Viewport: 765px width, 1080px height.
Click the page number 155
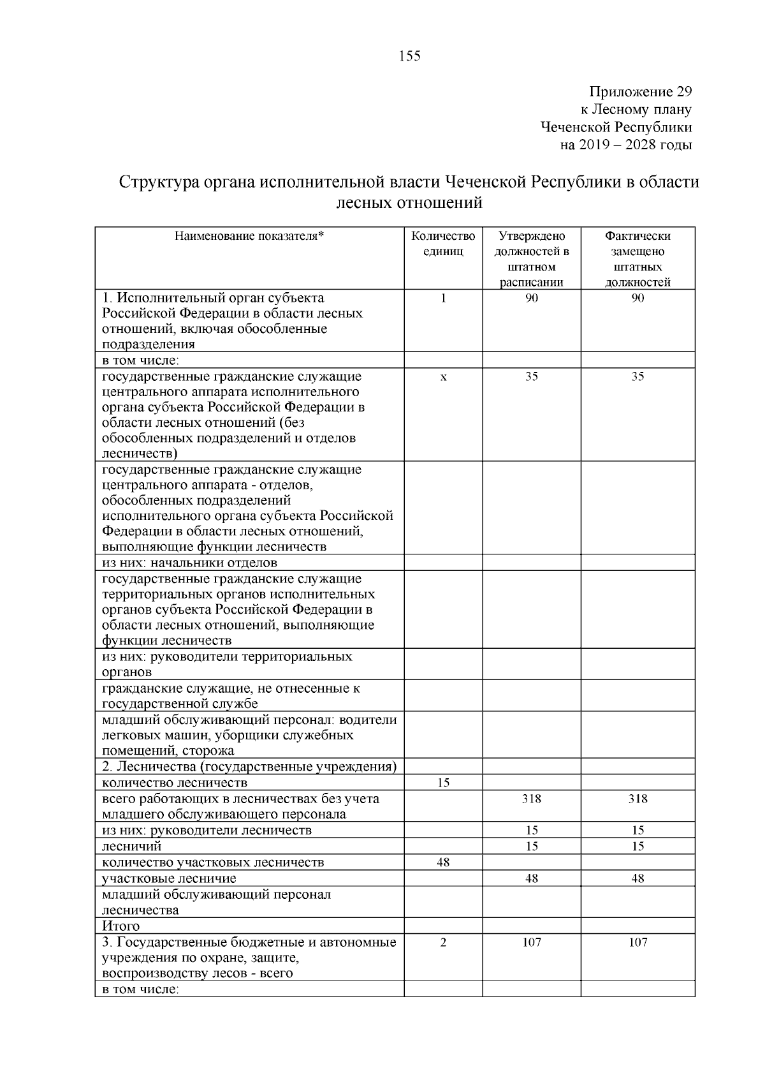pyautogui.click(x=409, y=56)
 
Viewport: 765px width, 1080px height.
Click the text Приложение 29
pyautogui.click(x=640, y=92)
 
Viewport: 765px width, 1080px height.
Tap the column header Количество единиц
pyautogui.click(x=443, y=244)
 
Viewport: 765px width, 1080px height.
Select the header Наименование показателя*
pyautogui.click(x=249, y=236)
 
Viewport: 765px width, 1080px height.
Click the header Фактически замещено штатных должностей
pyautogui.click(x=637, y=259)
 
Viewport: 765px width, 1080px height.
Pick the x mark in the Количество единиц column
pyautogui.click(x=443, y=377)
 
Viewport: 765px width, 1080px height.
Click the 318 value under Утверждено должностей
pyautogui.click(x=531, y=799)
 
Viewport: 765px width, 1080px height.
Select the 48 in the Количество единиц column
pyautogui.click(x=443, y=862)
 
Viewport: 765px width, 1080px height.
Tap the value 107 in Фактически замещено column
pyautogui.click(x=637, y=942)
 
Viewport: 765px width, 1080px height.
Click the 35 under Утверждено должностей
pyautogui.click(x=531, y=376)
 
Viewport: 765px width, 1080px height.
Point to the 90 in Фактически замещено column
pyautogui.click(x=637, y=298)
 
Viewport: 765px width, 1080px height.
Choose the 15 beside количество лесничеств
pyautogui.click(x=443, y=783)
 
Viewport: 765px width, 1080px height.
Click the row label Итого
pyautogui.click(x=121, y=926)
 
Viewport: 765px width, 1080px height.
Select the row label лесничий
pyautogui.click(x=132, y=847)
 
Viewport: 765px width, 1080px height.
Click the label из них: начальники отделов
pyautogui.click(x=190, y=563)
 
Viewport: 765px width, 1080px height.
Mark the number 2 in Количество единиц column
pyautogui.click(x=443, y=942)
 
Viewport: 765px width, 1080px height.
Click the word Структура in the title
pyautogui.click(x=158, y=182)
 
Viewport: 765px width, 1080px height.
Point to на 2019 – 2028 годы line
pyautogui.click(x=625, y=145)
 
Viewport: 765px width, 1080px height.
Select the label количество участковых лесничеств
pyautogui.click(x=213, y=862)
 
